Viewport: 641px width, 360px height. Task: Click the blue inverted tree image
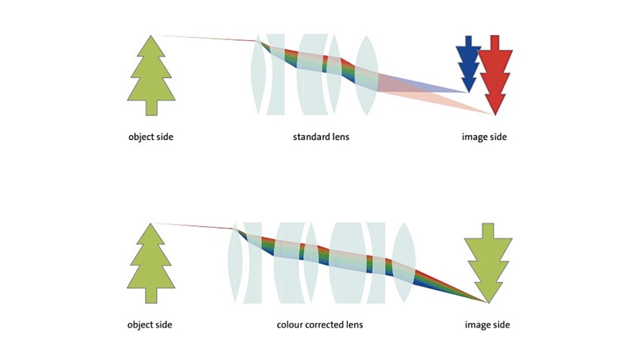coord(468,63)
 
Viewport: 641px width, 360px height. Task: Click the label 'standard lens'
coord(321,137)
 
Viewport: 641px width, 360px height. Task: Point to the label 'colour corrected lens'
coord(320,325)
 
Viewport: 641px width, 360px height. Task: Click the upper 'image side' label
coord(484,137)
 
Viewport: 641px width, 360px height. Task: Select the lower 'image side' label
coord(487,325)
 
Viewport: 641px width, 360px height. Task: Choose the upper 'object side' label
coord(151,137)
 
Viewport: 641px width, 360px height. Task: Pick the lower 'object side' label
coord(150,325)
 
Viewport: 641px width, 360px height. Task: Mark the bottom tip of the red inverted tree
coord(495,114)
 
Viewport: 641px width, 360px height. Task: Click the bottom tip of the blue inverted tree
coord(468,92)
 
